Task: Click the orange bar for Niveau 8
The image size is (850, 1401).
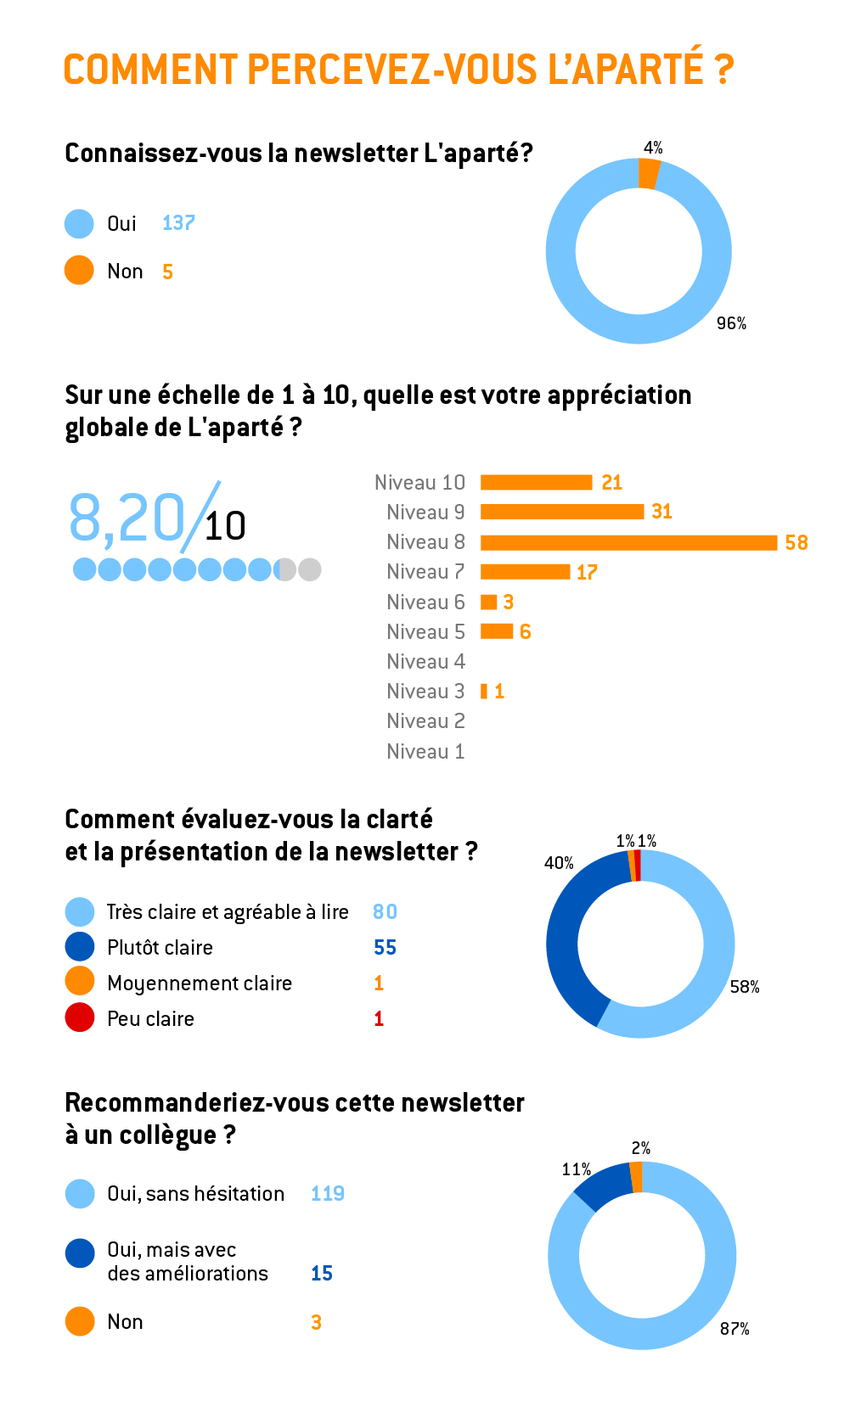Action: pos(628,542)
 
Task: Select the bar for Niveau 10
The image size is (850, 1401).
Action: pos(536,482)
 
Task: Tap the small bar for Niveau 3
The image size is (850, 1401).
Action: pos(484,691)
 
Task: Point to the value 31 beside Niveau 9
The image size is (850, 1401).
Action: pos(661,512)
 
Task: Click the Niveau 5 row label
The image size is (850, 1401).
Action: pos(425,631)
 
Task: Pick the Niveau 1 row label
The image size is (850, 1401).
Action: pos(425,751)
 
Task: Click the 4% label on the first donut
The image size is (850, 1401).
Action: pos(653,148)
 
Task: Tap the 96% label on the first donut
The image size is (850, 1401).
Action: pos(731,323)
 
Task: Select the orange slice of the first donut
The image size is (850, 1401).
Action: pos(649,174)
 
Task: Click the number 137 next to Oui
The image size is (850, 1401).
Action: pos(178,223)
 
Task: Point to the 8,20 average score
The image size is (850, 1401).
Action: pos(127,518)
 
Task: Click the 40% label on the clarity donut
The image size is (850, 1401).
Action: pos(559,863)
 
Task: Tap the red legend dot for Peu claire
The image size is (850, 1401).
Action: pos(80,1017)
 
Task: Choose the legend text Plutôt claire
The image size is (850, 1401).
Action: pos(160,947)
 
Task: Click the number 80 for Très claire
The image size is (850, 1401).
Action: pos(385,911)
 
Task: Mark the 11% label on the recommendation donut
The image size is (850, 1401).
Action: pos(576,1169)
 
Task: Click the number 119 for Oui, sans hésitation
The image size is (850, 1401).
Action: pos(327,1193)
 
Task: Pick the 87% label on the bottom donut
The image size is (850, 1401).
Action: pos(735,1328)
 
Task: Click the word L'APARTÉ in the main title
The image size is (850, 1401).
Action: pos(625,70)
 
